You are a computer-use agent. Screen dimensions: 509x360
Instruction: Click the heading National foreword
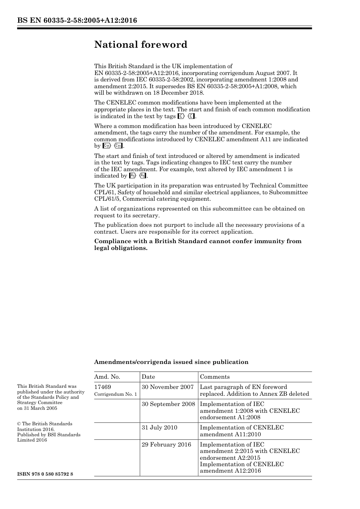(x=141, y=45)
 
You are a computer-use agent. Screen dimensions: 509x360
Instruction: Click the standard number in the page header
(x=77, y=20)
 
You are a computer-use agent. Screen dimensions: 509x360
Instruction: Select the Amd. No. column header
(x=107, y=377)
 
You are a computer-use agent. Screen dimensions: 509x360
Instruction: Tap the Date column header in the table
(x=148, y=377)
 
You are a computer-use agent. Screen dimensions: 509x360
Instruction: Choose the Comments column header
(x=214, y=377)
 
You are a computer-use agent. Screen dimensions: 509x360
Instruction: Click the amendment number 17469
(x=103, y=387)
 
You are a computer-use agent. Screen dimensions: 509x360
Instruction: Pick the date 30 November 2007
(x=167, y=387)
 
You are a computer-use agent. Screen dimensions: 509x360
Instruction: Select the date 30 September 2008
(x=168, y=404)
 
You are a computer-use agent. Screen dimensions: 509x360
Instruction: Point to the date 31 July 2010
(x=160, y=428)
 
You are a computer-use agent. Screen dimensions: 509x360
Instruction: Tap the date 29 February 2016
(x=166, y=445)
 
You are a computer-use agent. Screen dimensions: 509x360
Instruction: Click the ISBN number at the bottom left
(x=45, y=474)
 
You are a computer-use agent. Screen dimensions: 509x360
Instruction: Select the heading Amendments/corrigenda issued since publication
(x=171, y=362)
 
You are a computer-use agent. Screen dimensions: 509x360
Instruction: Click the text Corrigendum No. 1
(x=116, y=394)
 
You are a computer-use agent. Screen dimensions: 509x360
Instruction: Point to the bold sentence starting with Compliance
(x=198, y=245)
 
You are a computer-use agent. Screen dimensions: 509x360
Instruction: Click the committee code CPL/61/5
(x=108, y=199)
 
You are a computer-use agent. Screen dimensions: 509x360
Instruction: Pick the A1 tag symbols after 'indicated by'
(x=138, y=176)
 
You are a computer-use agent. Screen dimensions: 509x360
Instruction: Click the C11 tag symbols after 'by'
(x=113, y=146)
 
